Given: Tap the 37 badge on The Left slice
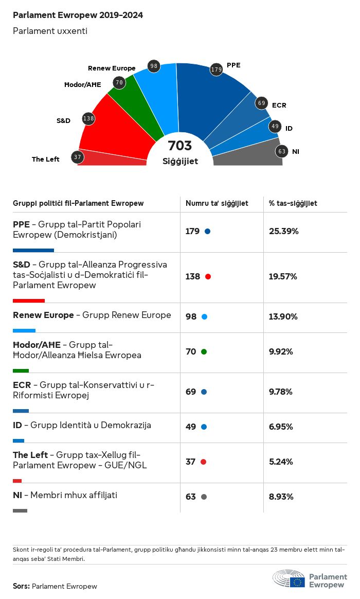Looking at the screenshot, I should point(78,157).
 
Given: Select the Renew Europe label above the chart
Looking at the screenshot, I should point(112,68).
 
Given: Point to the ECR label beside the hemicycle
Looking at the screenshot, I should point(279,105).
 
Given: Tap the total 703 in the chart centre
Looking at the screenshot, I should point(180,146).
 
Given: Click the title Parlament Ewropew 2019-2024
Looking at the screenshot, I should point(78,15).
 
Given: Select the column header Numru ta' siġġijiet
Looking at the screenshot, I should point(217,204).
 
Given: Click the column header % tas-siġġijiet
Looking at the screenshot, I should point(293,204).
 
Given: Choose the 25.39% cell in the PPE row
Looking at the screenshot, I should point(284,231).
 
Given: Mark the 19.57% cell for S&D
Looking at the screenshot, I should point(283,276).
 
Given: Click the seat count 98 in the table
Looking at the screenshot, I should point(191,316).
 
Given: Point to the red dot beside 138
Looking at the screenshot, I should point(208,276).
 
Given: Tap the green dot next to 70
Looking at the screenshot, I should point(204,351).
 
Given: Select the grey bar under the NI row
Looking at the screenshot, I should point(20,510).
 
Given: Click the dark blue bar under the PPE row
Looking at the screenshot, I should point(33,250).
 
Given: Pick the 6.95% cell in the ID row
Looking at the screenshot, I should point(281,427).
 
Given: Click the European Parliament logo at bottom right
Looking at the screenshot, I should point(310,578).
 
